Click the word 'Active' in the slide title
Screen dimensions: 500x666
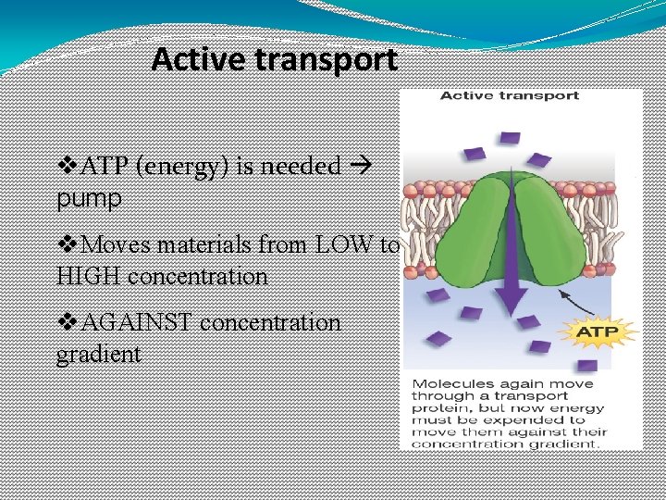(x=197, y=60)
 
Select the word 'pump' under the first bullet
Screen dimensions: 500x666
(x=88, y=198)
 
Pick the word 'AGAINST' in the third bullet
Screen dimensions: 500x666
(x=138, y=322)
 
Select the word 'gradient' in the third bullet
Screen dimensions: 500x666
(x=98, y=354)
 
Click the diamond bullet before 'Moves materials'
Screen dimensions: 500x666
(x=68, y=245)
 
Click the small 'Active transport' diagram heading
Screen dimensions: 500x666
(x=508, y=95)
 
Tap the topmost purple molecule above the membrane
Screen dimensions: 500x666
(x=510, y=138)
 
